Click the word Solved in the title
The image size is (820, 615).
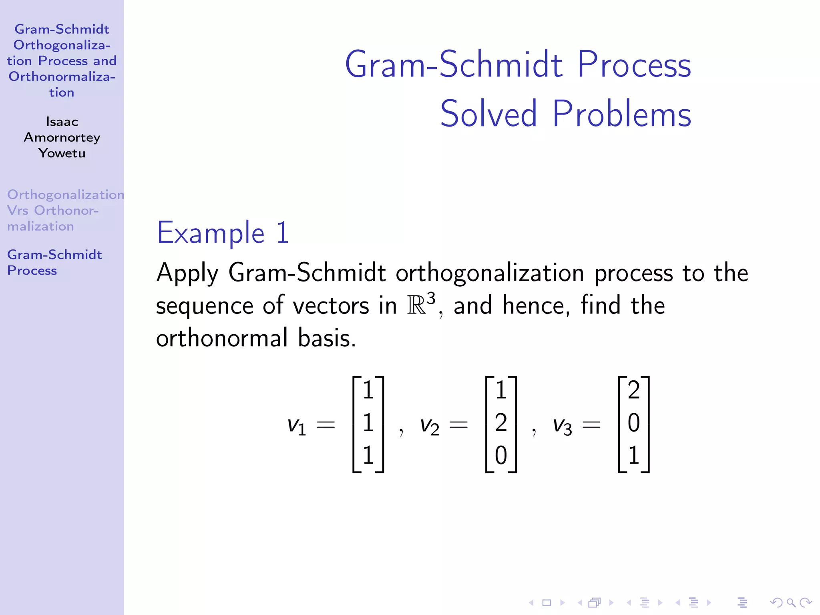(488, 114)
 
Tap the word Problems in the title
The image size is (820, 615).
(621, 114)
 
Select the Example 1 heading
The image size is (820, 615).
(223, 233)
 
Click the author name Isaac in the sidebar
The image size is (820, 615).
(62, 121)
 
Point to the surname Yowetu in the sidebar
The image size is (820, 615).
(62, 153)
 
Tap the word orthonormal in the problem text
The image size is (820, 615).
(221, 338)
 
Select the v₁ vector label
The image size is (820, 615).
(297, 425)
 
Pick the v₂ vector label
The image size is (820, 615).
(429, 425)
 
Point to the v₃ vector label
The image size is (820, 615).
(562, 425)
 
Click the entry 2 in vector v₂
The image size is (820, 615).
(501, 423)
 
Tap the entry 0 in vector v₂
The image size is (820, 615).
(501, 456)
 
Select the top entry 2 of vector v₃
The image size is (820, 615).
(633, 390)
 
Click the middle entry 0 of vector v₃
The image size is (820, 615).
(633, 423)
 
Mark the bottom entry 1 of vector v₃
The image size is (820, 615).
(633, 456)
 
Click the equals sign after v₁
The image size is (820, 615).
(326, 424)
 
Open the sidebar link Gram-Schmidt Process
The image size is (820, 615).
(54, 262)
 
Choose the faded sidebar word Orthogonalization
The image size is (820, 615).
(65, 195)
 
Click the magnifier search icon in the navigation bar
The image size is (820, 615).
(791, 603)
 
